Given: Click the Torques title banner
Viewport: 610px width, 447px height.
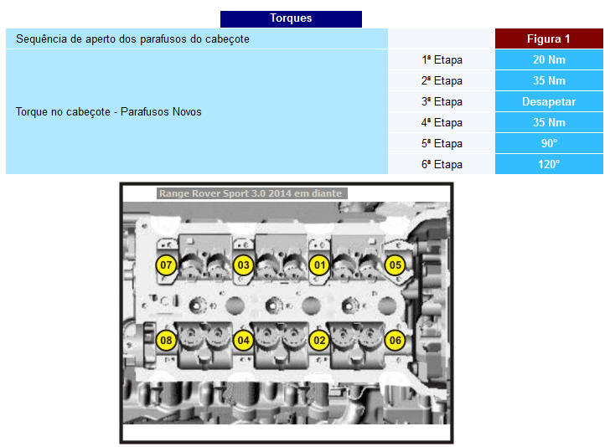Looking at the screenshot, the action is coord(291,19).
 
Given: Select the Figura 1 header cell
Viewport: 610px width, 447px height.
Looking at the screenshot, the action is coord(549,39).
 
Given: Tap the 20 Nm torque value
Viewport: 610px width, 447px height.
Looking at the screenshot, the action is coord(549,60).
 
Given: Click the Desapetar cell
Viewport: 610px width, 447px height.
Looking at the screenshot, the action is coord(549,102).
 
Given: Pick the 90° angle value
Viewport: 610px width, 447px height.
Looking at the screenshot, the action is coord(549,143).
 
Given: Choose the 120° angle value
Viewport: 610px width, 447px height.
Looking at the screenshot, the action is coord(549,164).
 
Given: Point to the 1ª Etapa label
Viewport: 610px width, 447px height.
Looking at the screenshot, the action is coord(442,60).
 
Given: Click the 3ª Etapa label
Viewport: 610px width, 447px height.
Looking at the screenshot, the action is coord(442,102).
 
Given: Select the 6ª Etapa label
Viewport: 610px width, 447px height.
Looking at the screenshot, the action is coord(442,164).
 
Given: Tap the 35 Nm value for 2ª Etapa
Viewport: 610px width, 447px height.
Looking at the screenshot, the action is coord(549,81).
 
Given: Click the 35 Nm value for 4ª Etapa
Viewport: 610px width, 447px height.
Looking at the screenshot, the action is coord(549,123).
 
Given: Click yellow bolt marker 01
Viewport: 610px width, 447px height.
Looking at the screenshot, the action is coord(319,265).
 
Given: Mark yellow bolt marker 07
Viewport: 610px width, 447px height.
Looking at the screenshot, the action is coord(166,265).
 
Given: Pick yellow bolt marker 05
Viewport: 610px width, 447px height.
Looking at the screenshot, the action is coord(395,265).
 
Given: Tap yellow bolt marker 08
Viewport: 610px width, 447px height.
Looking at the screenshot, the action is coord(166,340).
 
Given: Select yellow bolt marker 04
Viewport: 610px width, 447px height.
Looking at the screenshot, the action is coord(243,340).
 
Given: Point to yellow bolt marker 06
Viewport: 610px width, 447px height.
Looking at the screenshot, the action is coord(395,340).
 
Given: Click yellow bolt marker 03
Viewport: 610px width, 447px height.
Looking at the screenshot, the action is coord(243,265).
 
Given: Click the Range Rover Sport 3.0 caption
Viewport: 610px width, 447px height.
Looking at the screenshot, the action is coord(251,193).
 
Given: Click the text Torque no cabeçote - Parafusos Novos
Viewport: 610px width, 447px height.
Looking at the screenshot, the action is coord(109,112).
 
